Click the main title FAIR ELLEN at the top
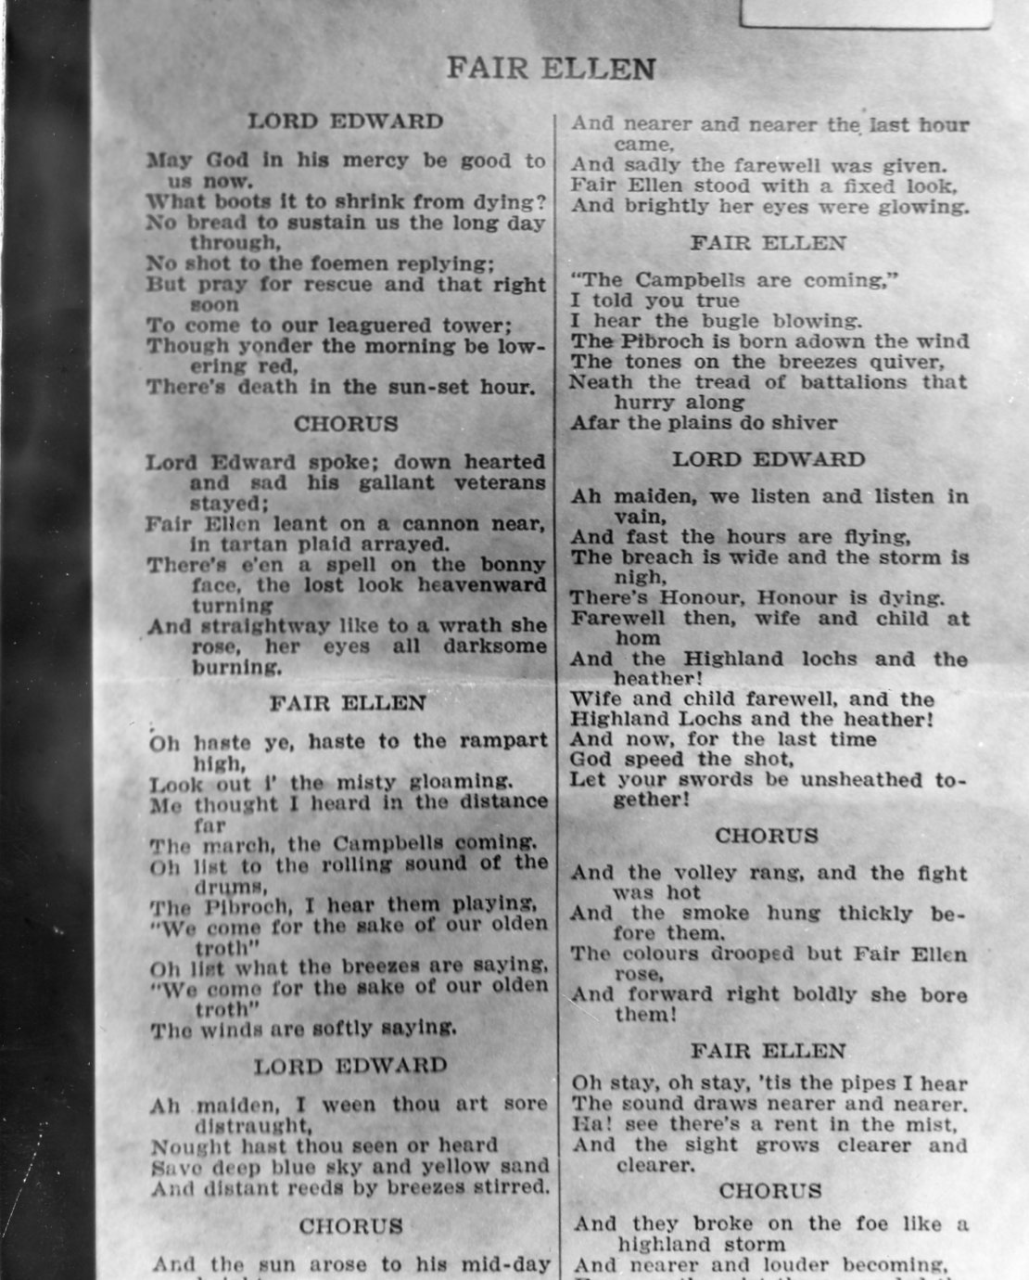[551, 69]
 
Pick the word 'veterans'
[500, 483]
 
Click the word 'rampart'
[502, 741]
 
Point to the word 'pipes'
[857, 1083]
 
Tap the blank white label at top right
[864, 12]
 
